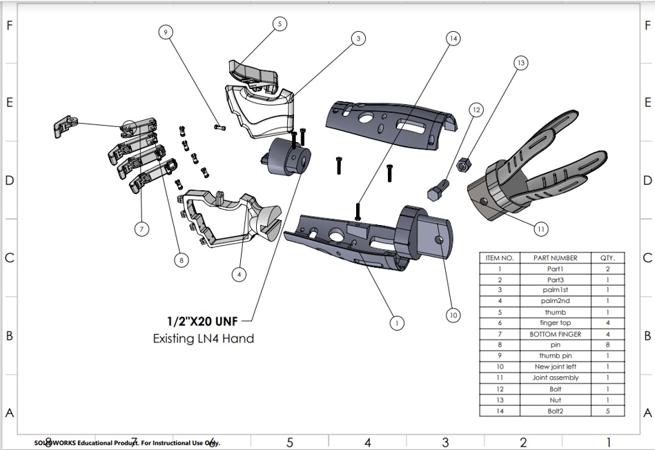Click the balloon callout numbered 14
453,39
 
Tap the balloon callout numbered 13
520,63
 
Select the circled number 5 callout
280,24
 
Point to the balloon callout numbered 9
165,32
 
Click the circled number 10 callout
453,315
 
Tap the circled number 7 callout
141,229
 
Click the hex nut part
464,164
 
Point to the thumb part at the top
254,75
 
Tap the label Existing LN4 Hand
203,338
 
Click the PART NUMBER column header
555,258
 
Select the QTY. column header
607,258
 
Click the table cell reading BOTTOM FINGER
555,334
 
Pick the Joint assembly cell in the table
555,378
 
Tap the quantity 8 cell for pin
607,345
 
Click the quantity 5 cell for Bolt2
607,411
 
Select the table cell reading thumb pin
555,356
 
